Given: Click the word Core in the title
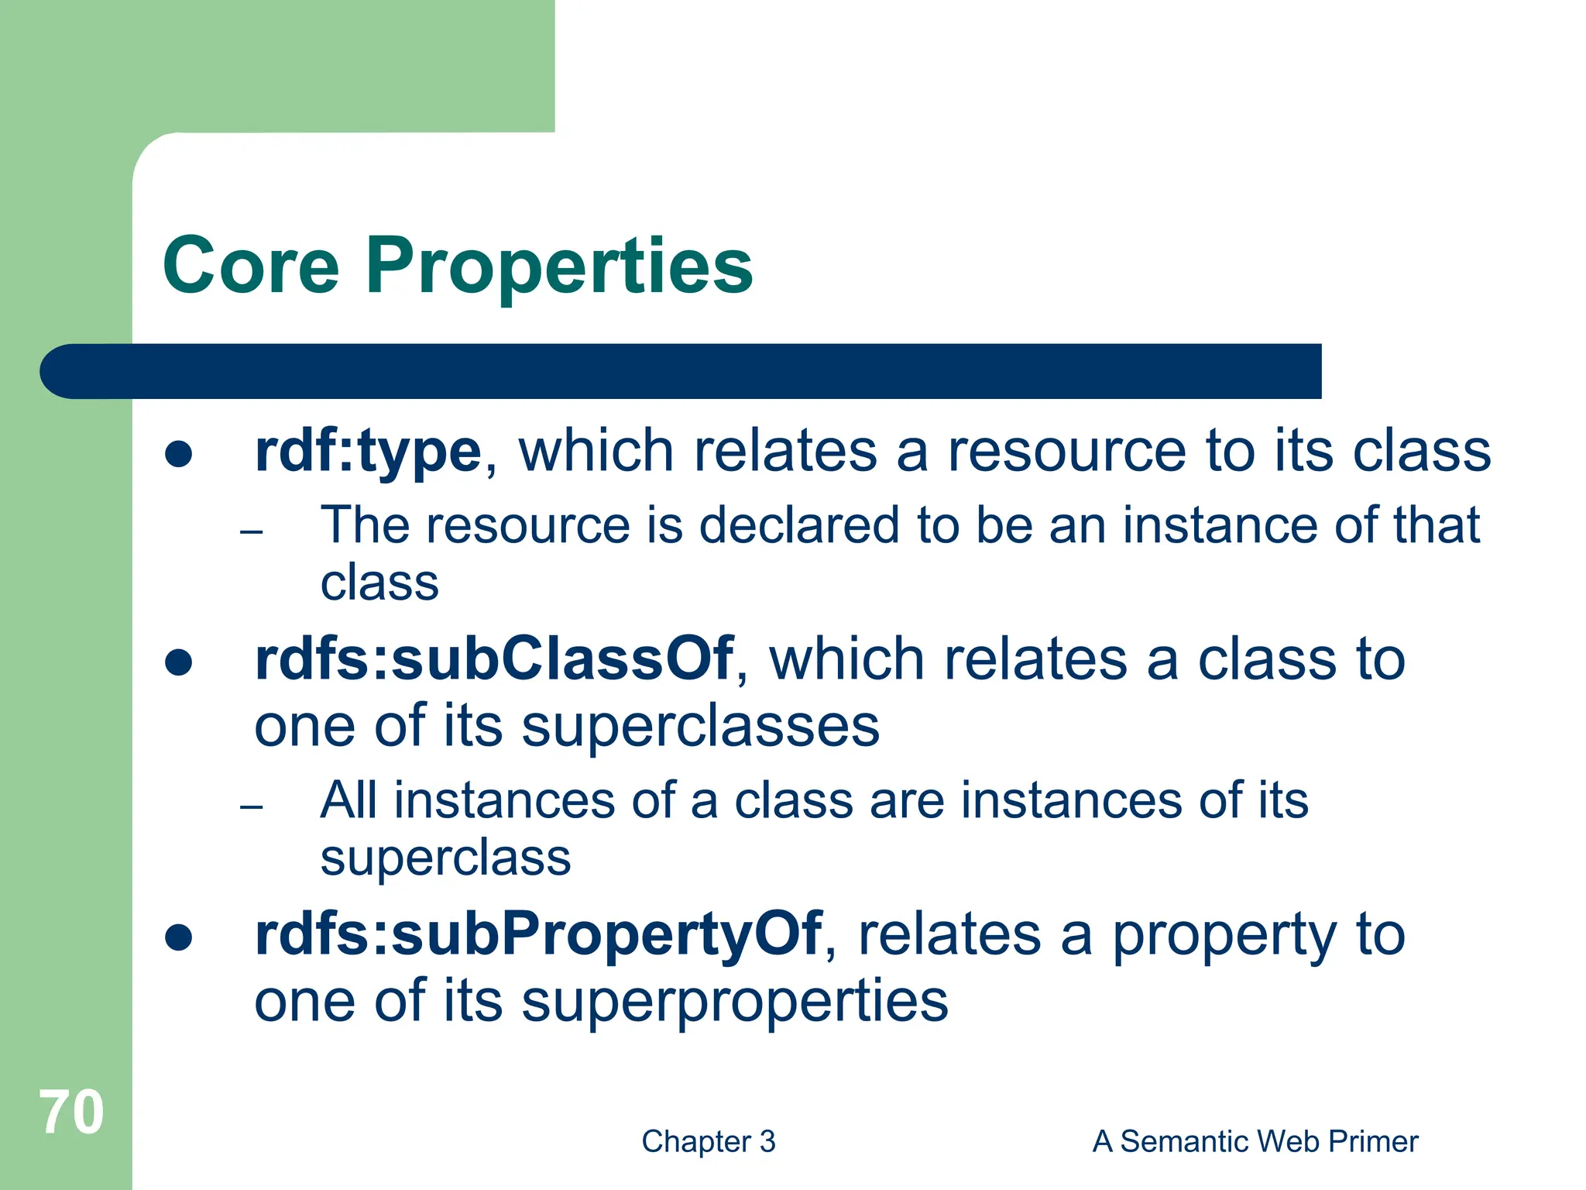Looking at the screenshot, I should point(252,266).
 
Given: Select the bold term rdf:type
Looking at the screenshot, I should point(368,452).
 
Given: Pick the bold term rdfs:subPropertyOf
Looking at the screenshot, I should point(537,934).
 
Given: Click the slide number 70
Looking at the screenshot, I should point(71,1113).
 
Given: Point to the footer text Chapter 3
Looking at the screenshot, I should point(708,1142).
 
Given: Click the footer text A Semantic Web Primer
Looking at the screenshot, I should point(1255,1142).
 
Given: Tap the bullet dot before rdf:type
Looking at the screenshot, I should point(179,455).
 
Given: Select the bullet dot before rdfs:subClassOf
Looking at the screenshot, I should point(179,662).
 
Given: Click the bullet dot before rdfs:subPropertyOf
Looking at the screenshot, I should point(179,937).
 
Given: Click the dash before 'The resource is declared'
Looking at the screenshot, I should point(252,532).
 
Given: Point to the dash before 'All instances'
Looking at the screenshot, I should point(252,807).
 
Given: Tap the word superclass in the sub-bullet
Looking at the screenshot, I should point(445,858).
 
